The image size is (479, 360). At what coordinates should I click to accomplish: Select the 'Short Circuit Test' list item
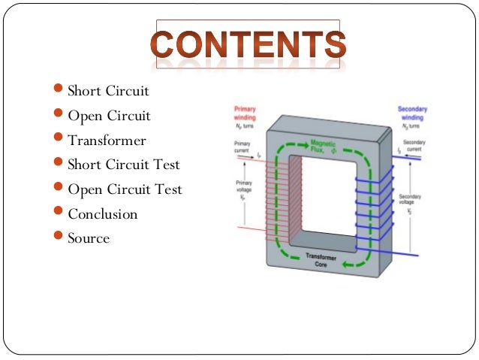click(x=123, y=165)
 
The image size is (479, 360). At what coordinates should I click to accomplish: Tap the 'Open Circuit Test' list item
click(x=125, y=189)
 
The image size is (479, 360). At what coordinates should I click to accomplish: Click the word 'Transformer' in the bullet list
click(x=107, y=141)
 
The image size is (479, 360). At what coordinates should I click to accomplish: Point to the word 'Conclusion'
click(x=103, y=214)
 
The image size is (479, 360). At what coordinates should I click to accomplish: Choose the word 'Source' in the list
click(x=89, y=238)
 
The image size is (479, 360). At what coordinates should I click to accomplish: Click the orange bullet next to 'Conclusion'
click(x=60, y=213)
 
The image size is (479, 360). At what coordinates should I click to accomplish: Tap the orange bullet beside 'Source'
click(x=60, y=237)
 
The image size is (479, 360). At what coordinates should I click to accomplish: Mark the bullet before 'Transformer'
click(x=60, y=140)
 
